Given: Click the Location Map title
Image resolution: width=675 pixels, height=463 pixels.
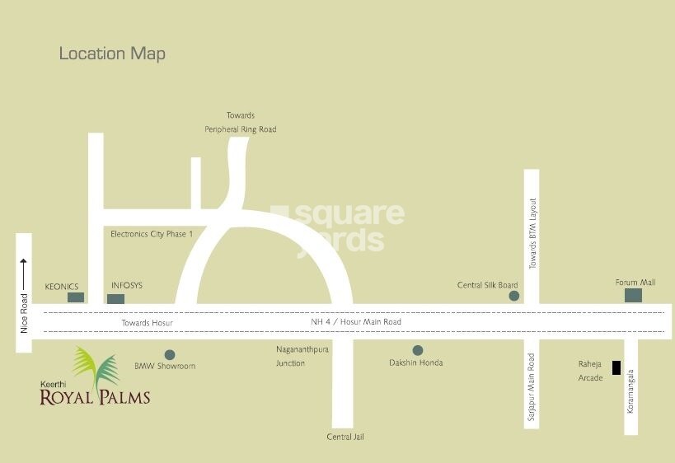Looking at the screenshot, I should [x=112, y=54].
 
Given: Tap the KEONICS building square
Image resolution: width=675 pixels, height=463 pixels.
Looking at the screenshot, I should [x=76, y=297].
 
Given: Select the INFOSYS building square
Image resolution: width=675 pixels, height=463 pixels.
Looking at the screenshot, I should [x=116, y=298].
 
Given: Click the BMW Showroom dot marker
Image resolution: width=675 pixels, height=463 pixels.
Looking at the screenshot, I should [x=170, y=354].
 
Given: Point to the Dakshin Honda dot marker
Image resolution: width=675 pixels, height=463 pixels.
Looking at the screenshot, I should [x=418, y=350].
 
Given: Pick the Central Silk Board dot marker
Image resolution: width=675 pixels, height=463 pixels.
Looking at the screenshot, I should [x=514, y=295].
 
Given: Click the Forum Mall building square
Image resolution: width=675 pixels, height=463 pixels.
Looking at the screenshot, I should [x=633, y=295].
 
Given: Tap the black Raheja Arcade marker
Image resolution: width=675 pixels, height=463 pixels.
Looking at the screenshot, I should [x=616, y=367].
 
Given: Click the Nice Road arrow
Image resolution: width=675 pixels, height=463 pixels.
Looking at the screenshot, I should [x=24, y=273].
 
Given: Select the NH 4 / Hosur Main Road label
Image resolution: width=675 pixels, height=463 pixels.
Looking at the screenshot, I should [x=356, y=322].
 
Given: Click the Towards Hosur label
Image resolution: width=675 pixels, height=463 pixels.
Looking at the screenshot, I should [x=148, y=323].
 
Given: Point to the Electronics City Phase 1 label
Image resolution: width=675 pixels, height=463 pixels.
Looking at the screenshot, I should [x=152, y=234].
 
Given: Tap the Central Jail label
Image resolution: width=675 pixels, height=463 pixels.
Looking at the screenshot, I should [x=345, y=437].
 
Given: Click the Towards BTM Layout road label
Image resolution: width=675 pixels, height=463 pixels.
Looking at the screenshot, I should [x=532, y=233].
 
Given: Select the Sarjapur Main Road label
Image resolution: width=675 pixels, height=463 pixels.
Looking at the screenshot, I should [x=532, y=388].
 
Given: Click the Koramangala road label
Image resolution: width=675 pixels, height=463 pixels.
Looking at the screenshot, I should [x=630, y=391].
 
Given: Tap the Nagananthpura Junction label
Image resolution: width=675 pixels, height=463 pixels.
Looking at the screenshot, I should [x=291, y=356].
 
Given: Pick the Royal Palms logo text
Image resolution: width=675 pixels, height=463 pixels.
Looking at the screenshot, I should [x=95, y=397].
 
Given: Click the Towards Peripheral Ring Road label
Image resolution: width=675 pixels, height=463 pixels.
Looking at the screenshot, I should [x=241, y=123].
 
